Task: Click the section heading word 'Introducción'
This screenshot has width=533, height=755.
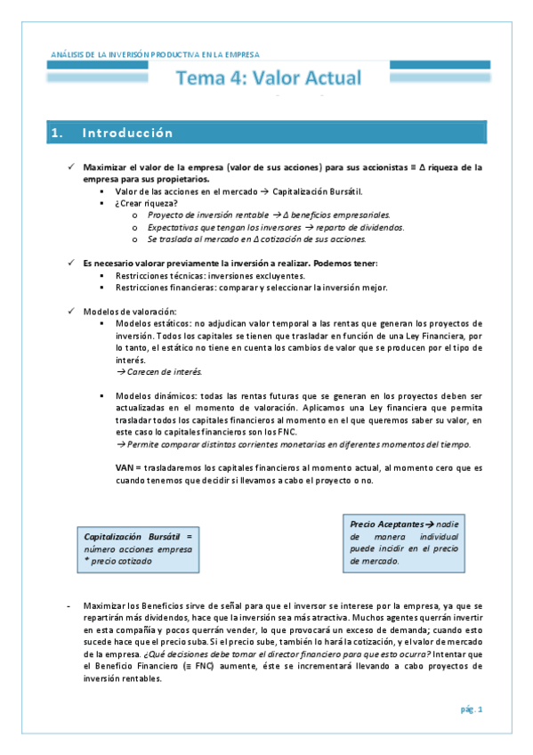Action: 127,134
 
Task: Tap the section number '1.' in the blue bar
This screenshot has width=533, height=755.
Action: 58,134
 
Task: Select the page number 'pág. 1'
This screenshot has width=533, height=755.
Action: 472,710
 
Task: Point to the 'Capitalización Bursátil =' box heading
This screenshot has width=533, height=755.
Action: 137,538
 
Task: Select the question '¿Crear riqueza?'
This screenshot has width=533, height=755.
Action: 147,203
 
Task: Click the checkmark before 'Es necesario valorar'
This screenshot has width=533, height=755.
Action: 71,264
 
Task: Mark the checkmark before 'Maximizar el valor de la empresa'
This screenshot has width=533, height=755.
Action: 71,166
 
